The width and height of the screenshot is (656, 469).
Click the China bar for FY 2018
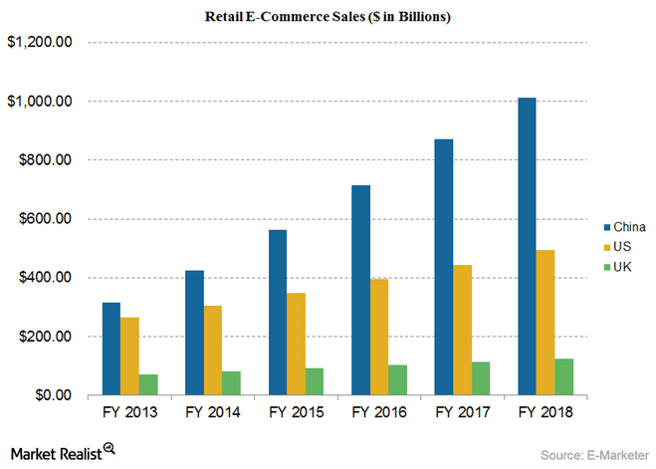(527, 246)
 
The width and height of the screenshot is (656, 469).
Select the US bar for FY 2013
(129, 356)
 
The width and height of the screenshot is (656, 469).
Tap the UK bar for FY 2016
(397, 380)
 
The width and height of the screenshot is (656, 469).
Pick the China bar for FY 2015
(278, 313)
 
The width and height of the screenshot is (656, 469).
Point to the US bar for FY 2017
(462, 331)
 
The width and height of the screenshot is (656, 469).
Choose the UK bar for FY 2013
(148, 384)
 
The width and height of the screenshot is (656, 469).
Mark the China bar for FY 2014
(194, 333)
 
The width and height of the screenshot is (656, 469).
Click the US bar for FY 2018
(546, 323)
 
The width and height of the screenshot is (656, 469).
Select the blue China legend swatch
(607, 228)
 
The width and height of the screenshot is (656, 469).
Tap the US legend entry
(617, 247)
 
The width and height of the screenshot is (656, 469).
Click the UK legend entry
(617, 267)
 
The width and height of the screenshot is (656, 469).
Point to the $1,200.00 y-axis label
(40, 42)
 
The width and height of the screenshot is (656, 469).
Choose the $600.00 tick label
(45, 218)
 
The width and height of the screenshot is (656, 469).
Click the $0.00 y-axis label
(54, 395)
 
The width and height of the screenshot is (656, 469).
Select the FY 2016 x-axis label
(379, 412)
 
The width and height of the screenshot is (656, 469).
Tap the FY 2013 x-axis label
(130, 412)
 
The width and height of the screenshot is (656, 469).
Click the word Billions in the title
(422, 17)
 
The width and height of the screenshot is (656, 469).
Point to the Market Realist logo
(63, 453)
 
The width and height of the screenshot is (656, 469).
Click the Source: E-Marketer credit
(594, 455)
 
